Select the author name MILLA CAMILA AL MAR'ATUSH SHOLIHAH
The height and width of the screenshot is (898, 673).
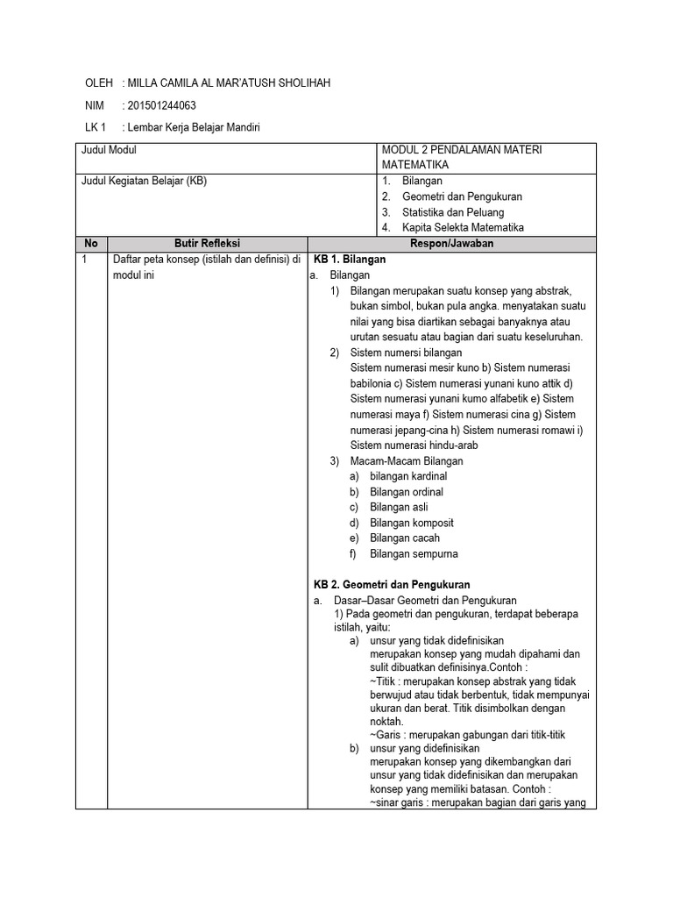[x=230, y=83]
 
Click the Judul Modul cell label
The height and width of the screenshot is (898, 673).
[x=109, y=150]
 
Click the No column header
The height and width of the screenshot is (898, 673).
[x=91, y=244]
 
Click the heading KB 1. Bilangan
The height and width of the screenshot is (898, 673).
[x=350, y=260]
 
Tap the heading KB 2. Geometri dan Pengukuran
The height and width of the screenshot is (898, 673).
[x=393, y=584]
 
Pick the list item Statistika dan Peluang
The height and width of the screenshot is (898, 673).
[x=453, y=212]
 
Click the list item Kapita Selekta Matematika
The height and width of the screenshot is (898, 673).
[x=463, y=228]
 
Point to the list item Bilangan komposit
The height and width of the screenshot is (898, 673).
[x=412, y=523]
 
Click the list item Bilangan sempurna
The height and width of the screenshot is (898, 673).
[x=414, y=554]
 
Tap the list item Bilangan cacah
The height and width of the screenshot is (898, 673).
[x=405, y=538]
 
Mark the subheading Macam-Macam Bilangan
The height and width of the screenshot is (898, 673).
[x=407, y=460]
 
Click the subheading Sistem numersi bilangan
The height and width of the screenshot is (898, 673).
[x=406, y=353]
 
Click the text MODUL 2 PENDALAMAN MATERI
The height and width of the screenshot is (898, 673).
[x=462, y=150]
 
